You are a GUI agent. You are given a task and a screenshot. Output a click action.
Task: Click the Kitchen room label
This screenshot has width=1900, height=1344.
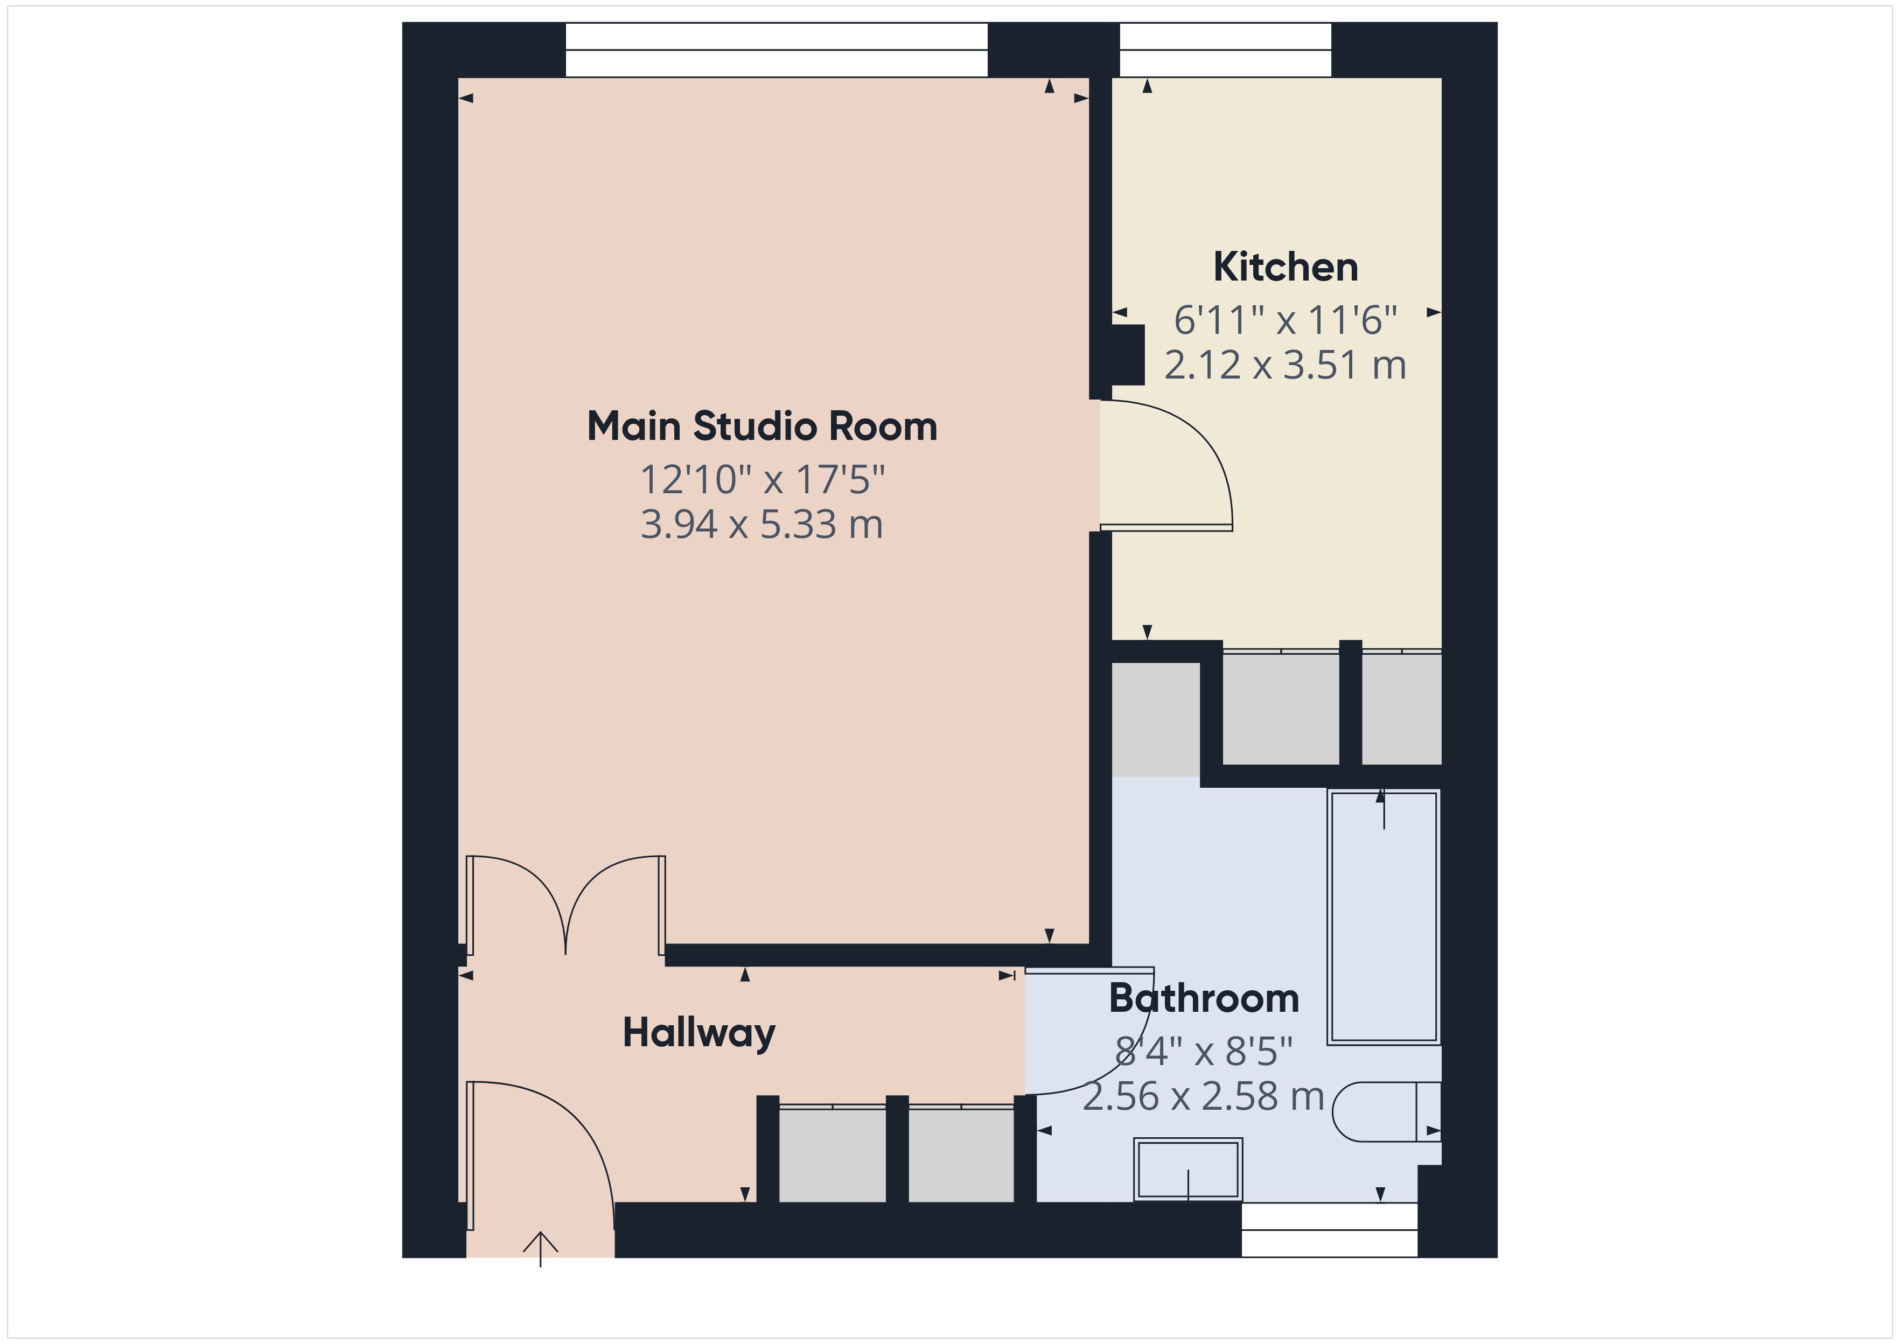pos(1285,267)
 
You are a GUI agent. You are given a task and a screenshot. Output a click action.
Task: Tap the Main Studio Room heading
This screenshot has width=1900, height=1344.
pos(762,426)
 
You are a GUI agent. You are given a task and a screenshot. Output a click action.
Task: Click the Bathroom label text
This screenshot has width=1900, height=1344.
pos(1204,998)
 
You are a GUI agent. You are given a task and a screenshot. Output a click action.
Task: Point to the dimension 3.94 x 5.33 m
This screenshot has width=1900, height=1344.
pos(762,524)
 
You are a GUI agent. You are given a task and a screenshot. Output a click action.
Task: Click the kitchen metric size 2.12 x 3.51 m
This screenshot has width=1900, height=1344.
pos(1285,365)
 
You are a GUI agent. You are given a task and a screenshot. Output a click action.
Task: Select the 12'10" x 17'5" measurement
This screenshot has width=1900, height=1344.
pos(762,479)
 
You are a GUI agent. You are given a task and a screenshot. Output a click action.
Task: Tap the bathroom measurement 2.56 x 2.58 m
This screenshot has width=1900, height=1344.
pos(1204,1096)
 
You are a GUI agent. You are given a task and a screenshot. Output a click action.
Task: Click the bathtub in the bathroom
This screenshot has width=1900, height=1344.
pos(1384,917)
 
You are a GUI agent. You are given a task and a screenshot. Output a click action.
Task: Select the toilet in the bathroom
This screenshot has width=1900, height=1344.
pos(1387,1111)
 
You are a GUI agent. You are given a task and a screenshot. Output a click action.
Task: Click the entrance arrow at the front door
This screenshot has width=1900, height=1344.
pos(540,1249)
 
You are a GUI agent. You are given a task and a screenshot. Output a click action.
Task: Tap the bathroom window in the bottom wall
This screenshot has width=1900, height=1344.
pos(1329,1230)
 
